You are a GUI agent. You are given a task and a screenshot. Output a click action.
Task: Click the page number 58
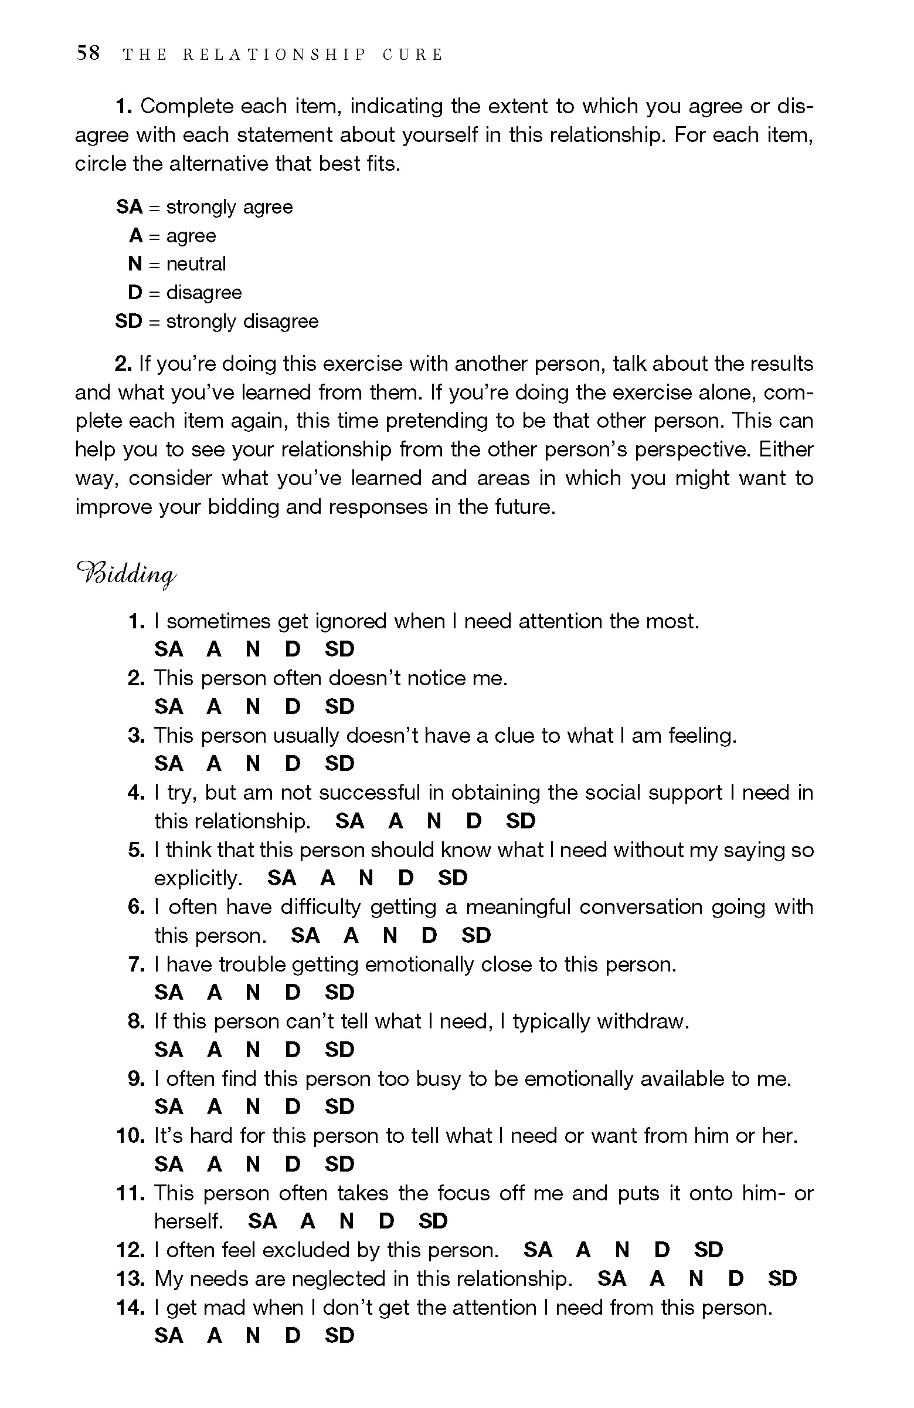point(88,53)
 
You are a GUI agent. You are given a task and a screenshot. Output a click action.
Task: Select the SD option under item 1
point(339,649)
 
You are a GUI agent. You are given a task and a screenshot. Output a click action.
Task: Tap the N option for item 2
point(253,706)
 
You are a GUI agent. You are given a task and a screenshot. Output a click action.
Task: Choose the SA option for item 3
point(168,764)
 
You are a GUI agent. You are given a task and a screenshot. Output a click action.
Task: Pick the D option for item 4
point(474,821)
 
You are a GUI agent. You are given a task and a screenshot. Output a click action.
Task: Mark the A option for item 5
point(328,878)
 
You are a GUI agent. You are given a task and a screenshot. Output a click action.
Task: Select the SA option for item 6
point(305,935)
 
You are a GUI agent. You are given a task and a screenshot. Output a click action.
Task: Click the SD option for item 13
point(782,1279)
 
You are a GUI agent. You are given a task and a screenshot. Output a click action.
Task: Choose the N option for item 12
point(622,1250)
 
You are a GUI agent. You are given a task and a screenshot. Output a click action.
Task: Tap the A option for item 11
point(308,1221)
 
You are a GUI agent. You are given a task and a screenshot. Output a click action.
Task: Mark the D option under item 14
point(293,1336)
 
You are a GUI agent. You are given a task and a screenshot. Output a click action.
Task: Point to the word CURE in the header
point(413,55)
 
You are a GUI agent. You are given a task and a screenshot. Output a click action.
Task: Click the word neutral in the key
point(196,264)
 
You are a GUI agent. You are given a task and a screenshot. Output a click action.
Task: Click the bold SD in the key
point(129,321)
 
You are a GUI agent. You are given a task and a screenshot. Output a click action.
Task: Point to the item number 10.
point(130,1136)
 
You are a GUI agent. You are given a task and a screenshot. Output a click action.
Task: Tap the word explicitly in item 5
point(198,878)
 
